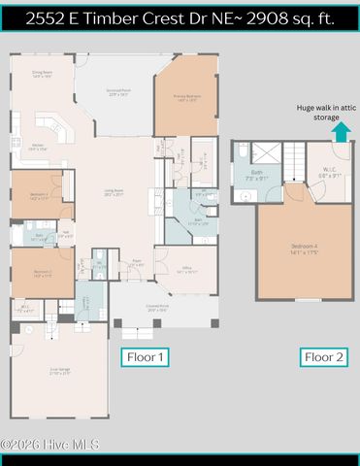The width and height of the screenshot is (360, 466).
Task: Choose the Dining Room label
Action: pyautogui.click(x=42, y=73)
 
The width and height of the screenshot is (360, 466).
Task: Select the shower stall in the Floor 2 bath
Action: pyautogui.click(x=267, y=152)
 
